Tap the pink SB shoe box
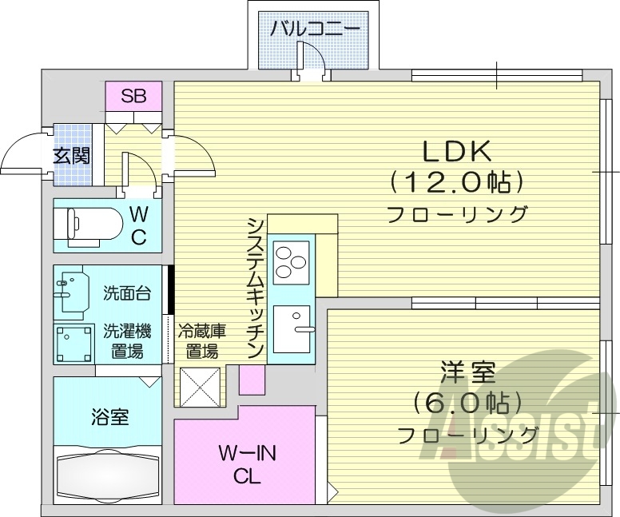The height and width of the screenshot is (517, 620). coord(133,97)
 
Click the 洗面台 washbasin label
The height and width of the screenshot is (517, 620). coord(126,293)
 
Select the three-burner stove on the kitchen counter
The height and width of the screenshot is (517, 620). coord(290,258)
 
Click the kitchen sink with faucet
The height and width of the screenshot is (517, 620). coord(293,328)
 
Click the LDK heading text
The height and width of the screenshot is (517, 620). coord(455,150)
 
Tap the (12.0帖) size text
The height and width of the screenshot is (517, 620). coord(456,182)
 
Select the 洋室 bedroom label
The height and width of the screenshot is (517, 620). coord(467,372)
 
